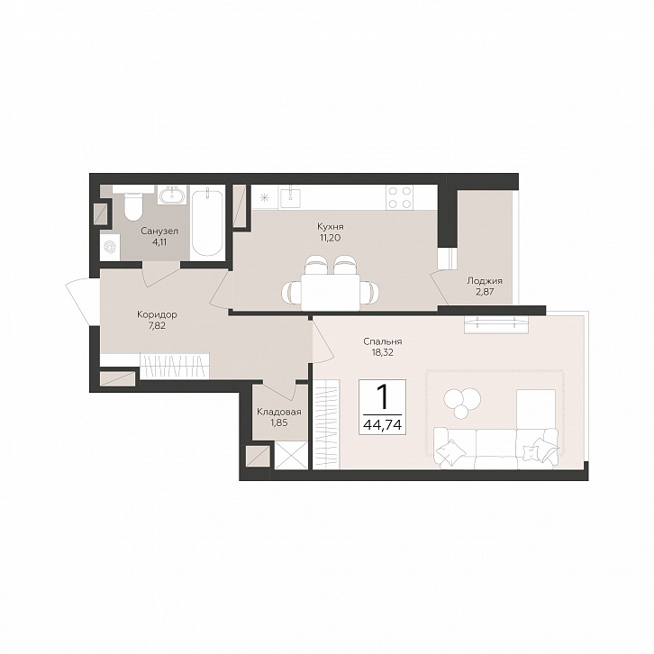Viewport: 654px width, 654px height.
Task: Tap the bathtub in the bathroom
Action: coord(207,223)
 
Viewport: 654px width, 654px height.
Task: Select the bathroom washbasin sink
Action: coord(172,195)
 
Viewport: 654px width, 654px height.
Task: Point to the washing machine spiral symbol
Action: coord(110,248)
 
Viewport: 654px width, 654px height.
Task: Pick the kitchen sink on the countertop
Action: coord(290,196)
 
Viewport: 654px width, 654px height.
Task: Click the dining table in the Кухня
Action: coord(331,292)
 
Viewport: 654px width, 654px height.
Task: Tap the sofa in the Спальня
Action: coord(496,448)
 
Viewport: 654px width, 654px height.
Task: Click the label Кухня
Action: coord(331,227)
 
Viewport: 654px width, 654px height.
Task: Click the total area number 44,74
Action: coord(383,425)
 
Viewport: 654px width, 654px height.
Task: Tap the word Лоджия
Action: coord(485,281)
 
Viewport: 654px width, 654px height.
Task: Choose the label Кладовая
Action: coord(279,412)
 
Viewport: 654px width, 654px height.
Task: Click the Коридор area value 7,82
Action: coord(157,326)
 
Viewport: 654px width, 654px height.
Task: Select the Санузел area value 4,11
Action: coord(159,241)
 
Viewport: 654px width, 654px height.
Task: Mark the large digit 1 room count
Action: coord(382,396)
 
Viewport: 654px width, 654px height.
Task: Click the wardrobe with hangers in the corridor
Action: coord(174,367)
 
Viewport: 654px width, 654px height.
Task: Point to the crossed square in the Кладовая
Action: coord(291,456)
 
